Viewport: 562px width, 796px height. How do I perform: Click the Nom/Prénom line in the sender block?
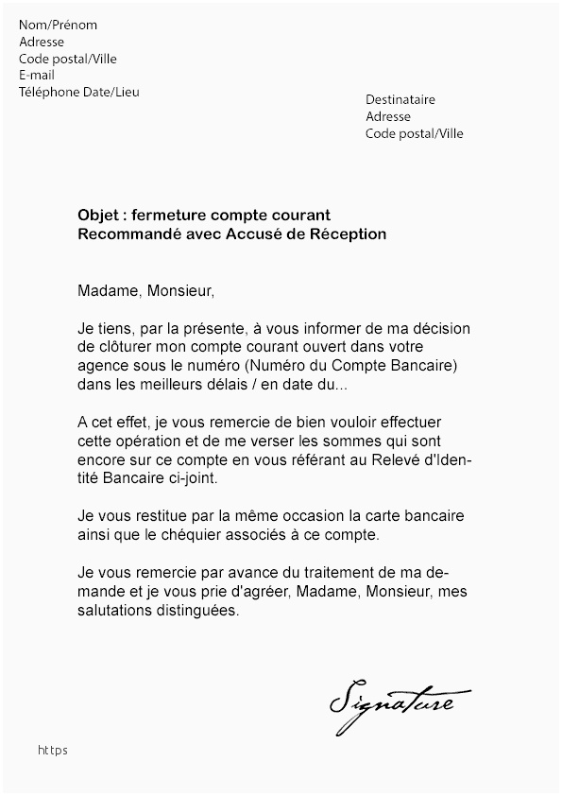(x=58, y=26)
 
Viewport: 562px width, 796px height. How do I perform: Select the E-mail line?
(x=37, y=76)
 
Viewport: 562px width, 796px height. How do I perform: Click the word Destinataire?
(x=400, y=100)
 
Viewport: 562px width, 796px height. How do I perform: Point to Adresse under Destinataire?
(x=388, y=117)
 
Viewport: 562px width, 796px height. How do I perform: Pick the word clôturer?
(x=125, y=348)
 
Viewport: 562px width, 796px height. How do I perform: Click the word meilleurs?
(x=166, y=386)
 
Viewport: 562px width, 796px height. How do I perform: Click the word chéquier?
(x=224, y=536)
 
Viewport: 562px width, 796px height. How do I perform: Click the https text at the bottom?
(x=53, y=751)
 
